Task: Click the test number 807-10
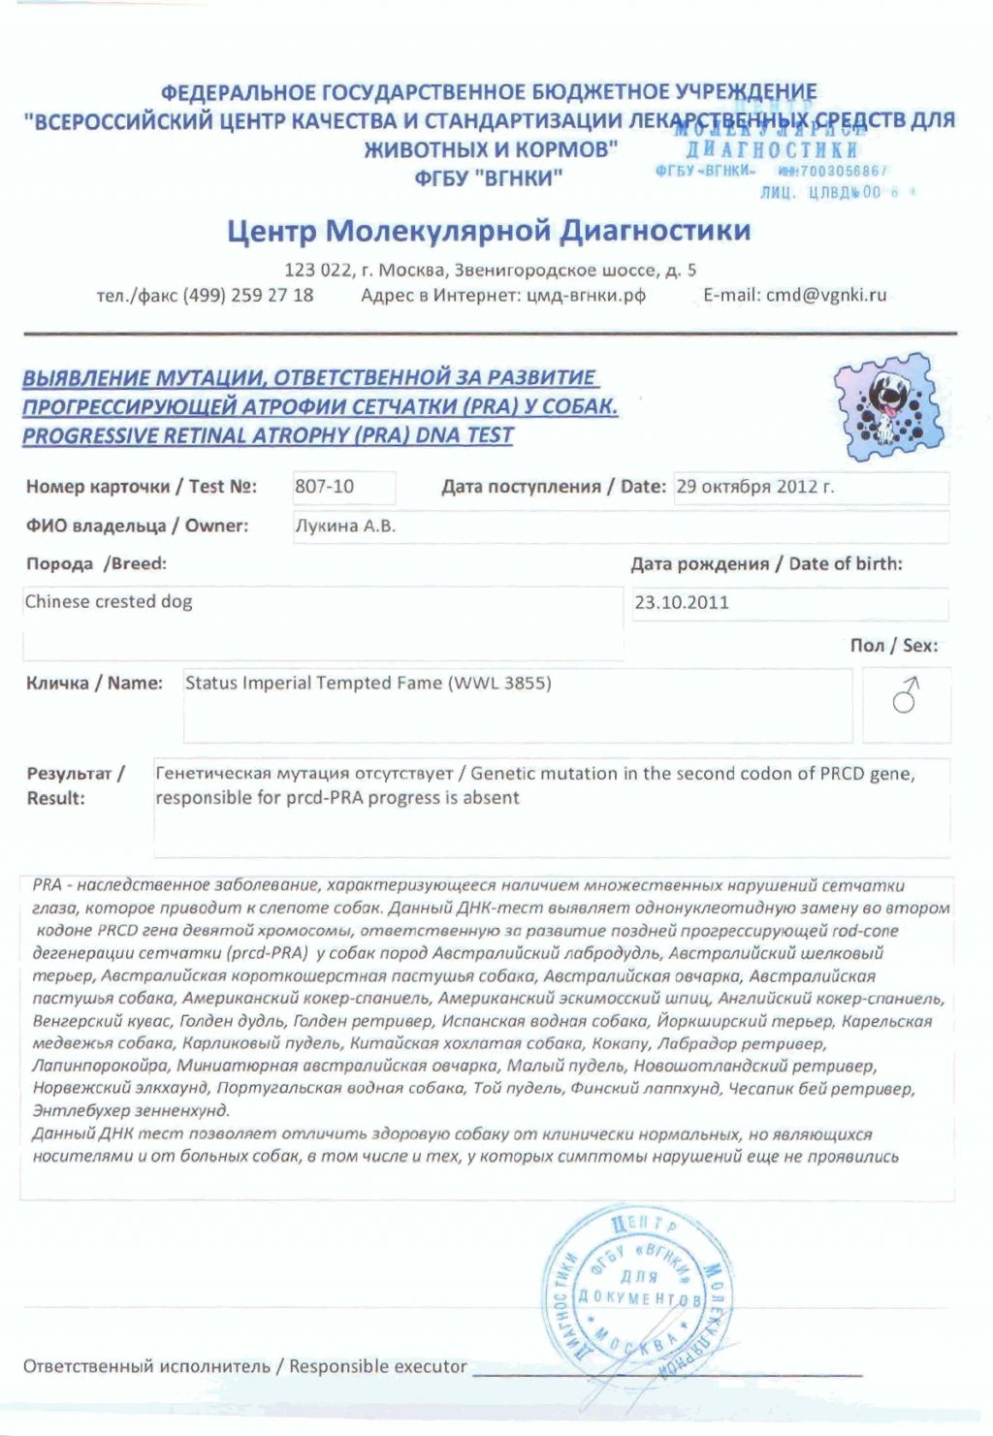tap(325, 487)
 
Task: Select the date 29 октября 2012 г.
tap(754, 487)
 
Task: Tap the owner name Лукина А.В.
tap(344, 527)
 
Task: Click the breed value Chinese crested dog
tap(109, 602)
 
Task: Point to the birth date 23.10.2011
tap(681, 603)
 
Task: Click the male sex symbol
tap(906, 696)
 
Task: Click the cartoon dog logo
tap(887, 406)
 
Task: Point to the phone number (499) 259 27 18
tap(248, 296)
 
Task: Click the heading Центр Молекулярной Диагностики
tap(489, 232)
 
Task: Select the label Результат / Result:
tap(75, 786)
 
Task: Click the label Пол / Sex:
tap(893, 646)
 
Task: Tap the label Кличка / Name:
tap(94, 684)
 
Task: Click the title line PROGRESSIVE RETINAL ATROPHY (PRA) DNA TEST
tap(268, 436)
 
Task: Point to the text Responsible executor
tap(377, 1366)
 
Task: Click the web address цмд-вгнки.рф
tap(586, 296)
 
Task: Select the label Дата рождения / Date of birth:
tap(766, 564)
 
